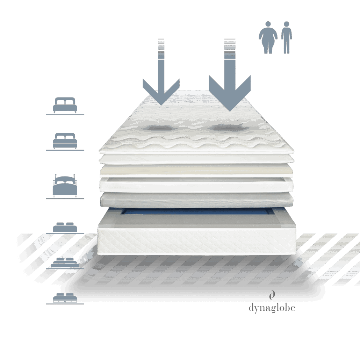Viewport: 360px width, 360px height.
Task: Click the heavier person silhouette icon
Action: coord(268,38)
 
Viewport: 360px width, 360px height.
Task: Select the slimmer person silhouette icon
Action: coord(286,38)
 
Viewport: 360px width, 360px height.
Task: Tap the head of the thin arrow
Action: coord(161,92)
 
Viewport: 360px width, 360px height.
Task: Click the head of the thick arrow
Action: coord(230,93)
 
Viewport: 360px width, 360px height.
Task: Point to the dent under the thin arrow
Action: coord(160,128)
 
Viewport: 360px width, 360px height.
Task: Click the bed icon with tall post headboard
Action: coord(65,186)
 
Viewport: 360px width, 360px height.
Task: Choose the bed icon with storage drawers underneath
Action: coord(65,298)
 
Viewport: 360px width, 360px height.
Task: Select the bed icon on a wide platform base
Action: coord(65,262)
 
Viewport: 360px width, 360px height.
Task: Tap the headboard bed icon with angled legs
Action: coord(65,105)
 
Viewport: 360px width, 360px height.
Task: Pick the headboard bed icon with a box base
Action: coord(65,141)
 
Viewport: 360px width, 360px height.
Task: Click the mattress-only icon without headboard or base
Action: coord(65,227)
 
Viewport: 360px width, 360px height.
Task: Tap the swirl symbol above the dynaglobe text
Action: coord(272,295)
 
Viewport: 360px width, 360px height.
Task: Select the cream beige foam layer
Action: coord(196,170)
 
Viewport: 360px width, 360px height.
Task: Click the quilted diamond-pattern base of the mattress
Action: coord(196,242)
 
